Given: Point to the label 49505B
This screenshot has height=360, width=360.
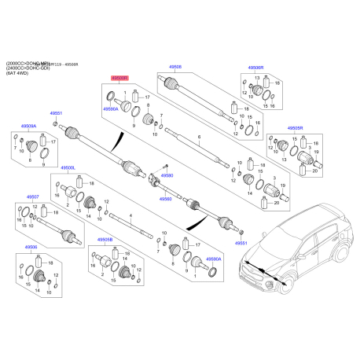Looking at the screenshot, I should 105,240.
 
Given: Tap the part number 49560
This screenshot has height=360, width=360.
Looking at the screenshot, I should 166,200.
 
